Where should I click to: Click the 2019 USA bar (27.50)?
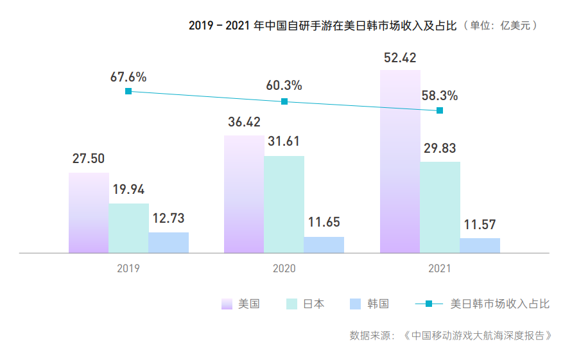coord(89,213)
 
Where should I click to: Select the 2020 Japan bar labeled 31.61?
coord(284,204)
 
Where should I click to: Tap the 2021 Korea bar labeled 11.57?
coord(480,245)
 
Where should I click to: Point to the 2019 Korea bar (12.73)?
coord(168,243)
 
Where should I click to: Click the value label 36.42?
coord(243,123)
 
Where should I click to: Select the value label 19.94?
coord(128,190)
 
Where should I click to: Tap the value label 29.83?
coord(440,148)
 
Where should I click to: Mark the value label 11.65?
coord(324,223)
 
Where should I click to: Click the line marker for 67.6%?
coord(128,92)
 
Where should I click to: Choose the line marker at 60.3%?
coord(284,101)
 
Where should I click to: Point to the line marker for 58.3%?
coord(440,110)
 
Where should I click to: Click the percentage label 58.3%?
coord(440,96)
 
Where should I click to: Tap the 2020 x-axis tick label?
coord(284,268)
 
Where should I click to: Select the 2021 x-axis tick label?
coord(440,268)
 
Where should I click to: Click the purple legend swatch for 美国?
coord(227,304)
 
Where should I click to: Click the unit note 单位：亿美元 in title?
coord(503,26)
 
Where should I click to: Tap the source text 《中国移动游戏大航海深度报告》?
coord(478,335)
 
